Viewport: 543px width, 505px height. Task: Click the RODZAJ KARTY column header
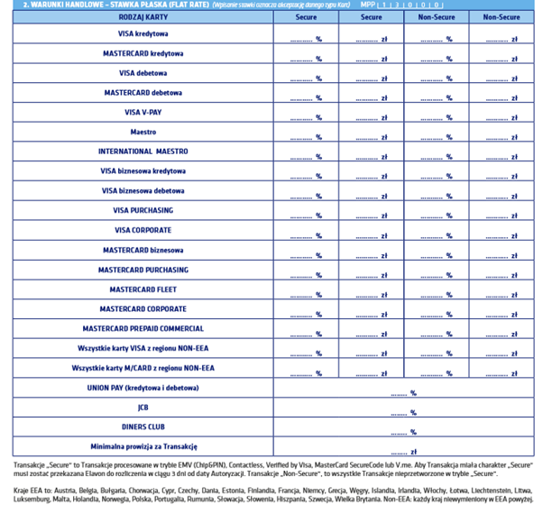coord(143,16)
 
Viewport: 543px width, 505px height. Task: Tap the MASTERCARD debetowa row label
coord(143,93)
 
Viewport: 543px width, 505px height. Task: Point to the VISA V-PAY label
coord(143,112)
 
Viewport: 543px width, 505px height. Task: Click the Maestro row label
coord(143,132)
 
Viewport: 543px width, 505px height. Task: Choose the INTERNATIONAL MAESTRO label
coord(143,151)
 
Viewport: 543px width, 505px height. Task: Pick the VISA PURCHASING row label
coord(143,210)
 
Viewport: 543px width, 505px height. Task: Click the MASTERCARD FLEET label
coord(143,289)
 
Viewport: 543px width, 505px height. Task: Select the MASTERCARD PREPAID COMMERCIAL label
coord(143,328)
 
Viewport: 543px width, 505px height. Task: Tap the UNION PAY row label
coord(143,388)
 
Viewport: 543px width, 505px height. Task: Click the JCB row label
coord(143,408)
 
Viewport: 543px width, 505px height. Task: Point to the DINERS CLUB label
coord(143,427)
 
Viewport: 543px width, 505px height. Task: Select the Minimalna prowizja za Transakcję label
coord(143,446)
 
